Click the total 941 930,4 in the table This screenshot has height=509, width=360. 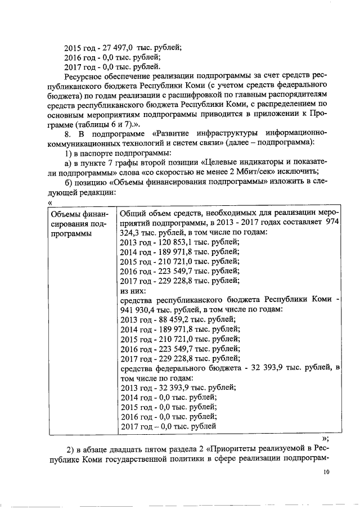click(139, 310)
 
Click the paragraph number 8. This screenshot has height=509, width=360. click(68, 133)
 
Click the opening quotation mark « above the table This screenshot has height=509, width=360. click(51, 202)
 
